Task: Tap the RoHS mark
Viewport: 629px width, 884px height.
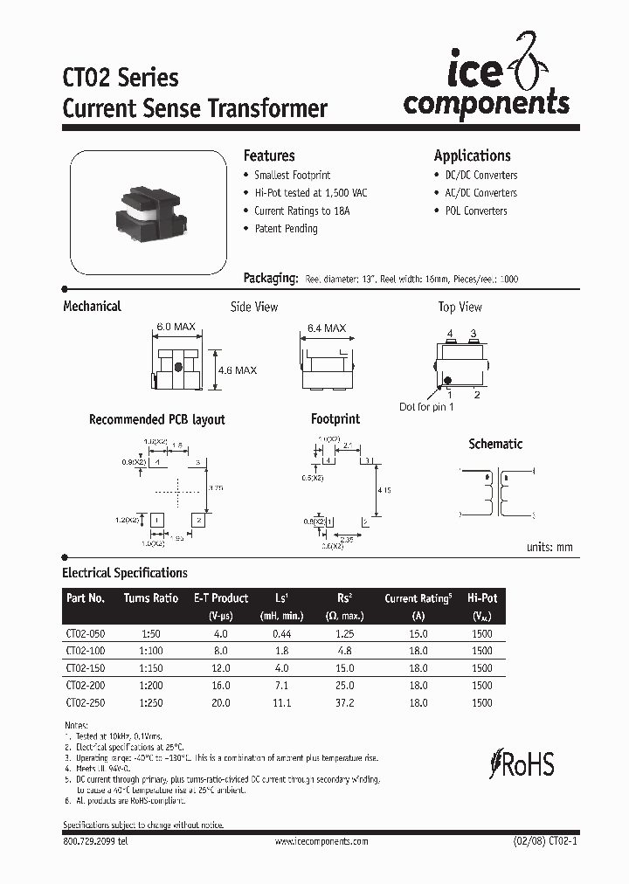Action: point(524,763)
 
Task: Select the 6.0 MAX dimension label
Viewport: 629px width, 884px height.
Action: point(175,327)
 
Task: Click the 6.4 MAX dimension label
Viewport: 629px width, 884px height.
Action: point(326,328)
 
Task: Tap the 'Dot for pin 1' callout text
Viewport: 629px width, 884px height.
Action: point(426,408)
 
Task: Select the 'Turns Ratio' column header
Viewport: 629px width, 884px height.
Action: point(151,598)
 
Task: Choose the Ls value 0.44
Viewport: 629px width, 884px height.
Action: point(281,634)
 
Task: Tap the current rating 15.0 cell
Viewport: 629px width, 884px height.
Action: point(418,634)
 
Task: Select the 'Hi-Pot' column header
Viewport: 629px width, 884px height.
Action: point(482,598)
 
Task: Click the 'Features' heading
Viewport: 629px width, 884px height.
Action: point(268,155)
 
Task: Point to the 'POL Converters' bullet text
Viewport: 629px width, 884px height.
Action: point(475,211)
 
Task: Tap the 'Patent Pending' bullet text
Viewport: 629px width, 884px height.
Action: point(286,229)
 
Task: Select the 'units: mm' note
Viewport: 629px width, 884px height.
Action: point(550,547)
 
